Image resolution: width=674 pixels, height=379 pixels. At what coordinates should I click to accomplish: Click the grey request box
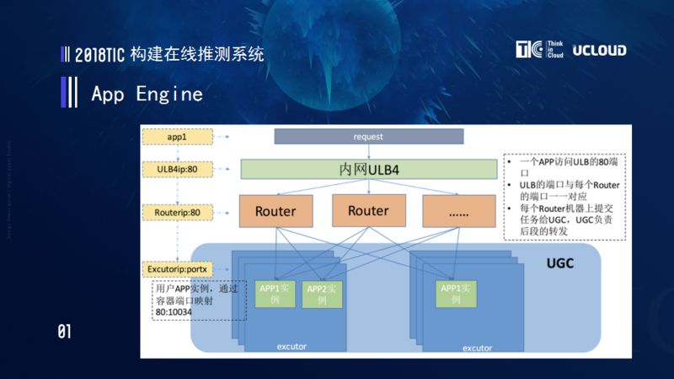click(368, 137)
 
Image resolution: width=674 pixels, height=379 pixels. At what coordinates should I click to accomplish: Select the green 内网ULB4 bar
click(368, 170)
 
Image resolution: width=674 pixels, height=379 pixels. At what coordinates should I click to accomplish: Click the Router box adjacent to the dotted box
click(368, 211)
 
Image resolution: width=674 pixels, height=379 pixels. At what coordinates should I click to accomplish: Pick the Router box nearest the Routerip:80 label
click(275, 211)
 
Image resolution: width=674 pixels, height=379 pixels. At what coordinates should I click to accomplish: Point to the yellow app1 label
click(176, 136)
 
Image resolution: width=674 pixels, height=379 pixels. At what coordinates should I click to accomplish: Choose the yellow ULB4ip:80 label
click(176, 169)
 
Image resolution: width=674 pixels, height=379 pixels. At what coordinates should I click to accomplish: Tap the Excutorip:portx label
click(176, 269)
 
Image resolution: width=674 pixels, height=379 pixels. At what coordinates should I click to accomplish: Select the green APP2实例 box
click(319, 294)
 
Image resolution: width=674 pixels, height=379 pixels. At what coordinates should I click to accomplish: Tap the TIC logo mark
click(528, 49)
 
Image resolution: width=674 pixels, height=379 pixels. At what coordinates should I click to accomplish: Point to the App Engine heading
click(147, 94)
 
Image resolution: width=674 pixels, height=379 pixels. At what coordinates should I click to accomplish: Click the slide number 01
click(64, 331)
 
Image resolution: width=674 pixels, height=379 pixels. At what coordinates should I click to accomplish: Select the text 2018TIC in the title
click(98, 55)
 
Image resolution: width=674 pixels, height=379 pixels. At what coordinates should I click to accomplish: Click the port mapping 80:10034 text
click(173, 311)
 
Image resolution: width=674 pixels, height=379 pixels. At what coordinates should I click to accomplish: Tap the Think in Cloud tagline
click(554, 49)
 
